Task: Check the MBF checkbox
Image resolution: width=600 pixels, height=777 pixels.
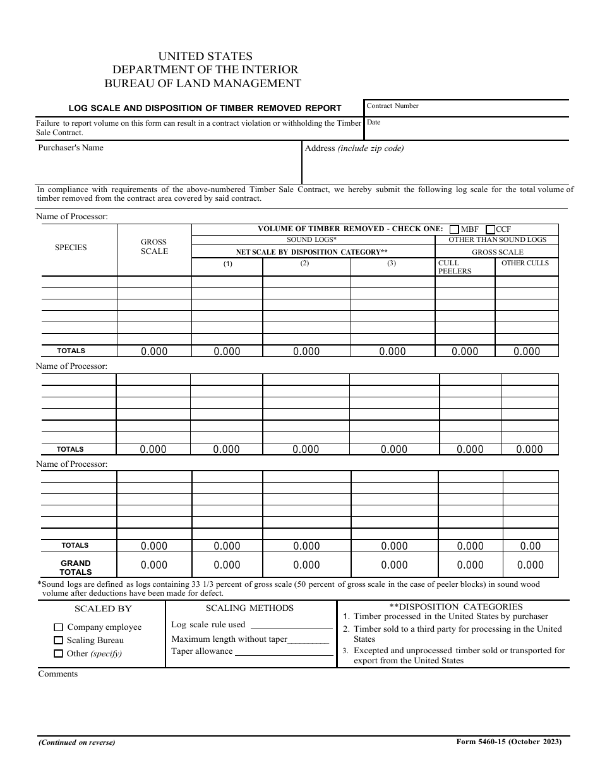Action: (x=455, y=229)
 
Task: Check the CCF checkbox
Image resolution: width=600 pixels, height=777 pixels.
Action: (x=491, y=229)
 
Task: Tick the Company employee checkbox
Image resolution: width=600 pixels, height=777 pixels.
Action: (x=59, y=627)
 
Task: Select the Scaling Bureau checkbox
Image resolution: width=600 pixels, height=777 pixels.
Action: (x=59, y=641)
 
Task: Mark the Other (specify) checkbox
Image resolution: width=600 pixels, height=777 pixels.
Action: (x=59, y=654)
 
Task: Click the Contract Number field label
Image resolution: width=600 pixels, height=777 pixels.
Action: (x=392, y=106)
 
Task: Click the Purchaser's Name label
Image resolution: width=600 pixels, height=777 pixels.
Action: (x=71, y=148)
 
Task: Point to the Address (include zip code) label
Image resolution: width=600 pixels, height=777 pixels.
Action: (x=354, y=148)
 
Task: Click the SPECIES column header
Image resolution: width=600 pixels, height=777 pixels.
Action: (x=71, y=248)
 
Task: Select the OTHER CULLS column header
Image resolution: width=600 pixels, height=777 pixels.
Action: (x=525, y=263)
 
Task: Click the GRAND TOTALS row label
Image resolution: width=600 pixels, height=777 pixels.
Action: (x=76, y=567)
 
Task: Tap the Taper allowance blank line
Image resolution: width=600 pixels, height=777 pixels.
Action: (x=284, y=653)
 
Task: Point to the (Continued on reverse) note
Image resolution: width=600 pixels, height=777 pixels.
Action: (x=76, y=742)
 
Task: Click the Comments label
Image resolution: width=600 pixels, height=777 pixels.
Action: (x=58, y=674)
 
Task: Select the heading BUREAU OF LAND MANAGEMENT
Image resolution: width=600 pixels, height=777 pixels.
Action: (x=203, y=83)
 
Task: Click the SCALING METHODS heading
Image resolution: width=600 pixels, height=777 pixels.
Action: (x=249, y=608)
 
